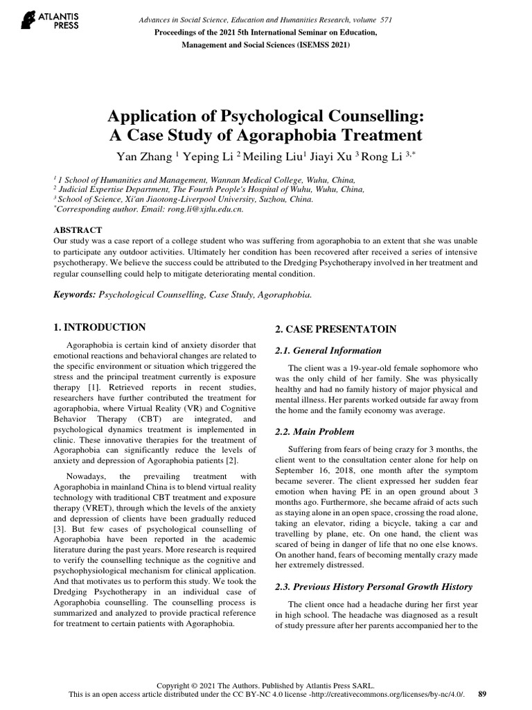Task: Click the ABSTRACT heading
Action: (78, 230)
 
